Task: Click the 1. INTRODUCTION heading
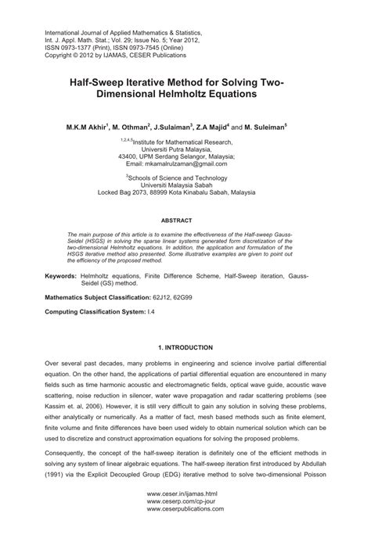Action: (x=185, y=346)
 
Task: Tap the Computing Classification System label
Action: (x=98, y=311)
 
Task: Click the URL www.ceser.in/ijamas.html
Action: (x=185, y=517)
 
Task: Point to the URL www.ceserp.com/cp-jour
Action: (x=185, y=525)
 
